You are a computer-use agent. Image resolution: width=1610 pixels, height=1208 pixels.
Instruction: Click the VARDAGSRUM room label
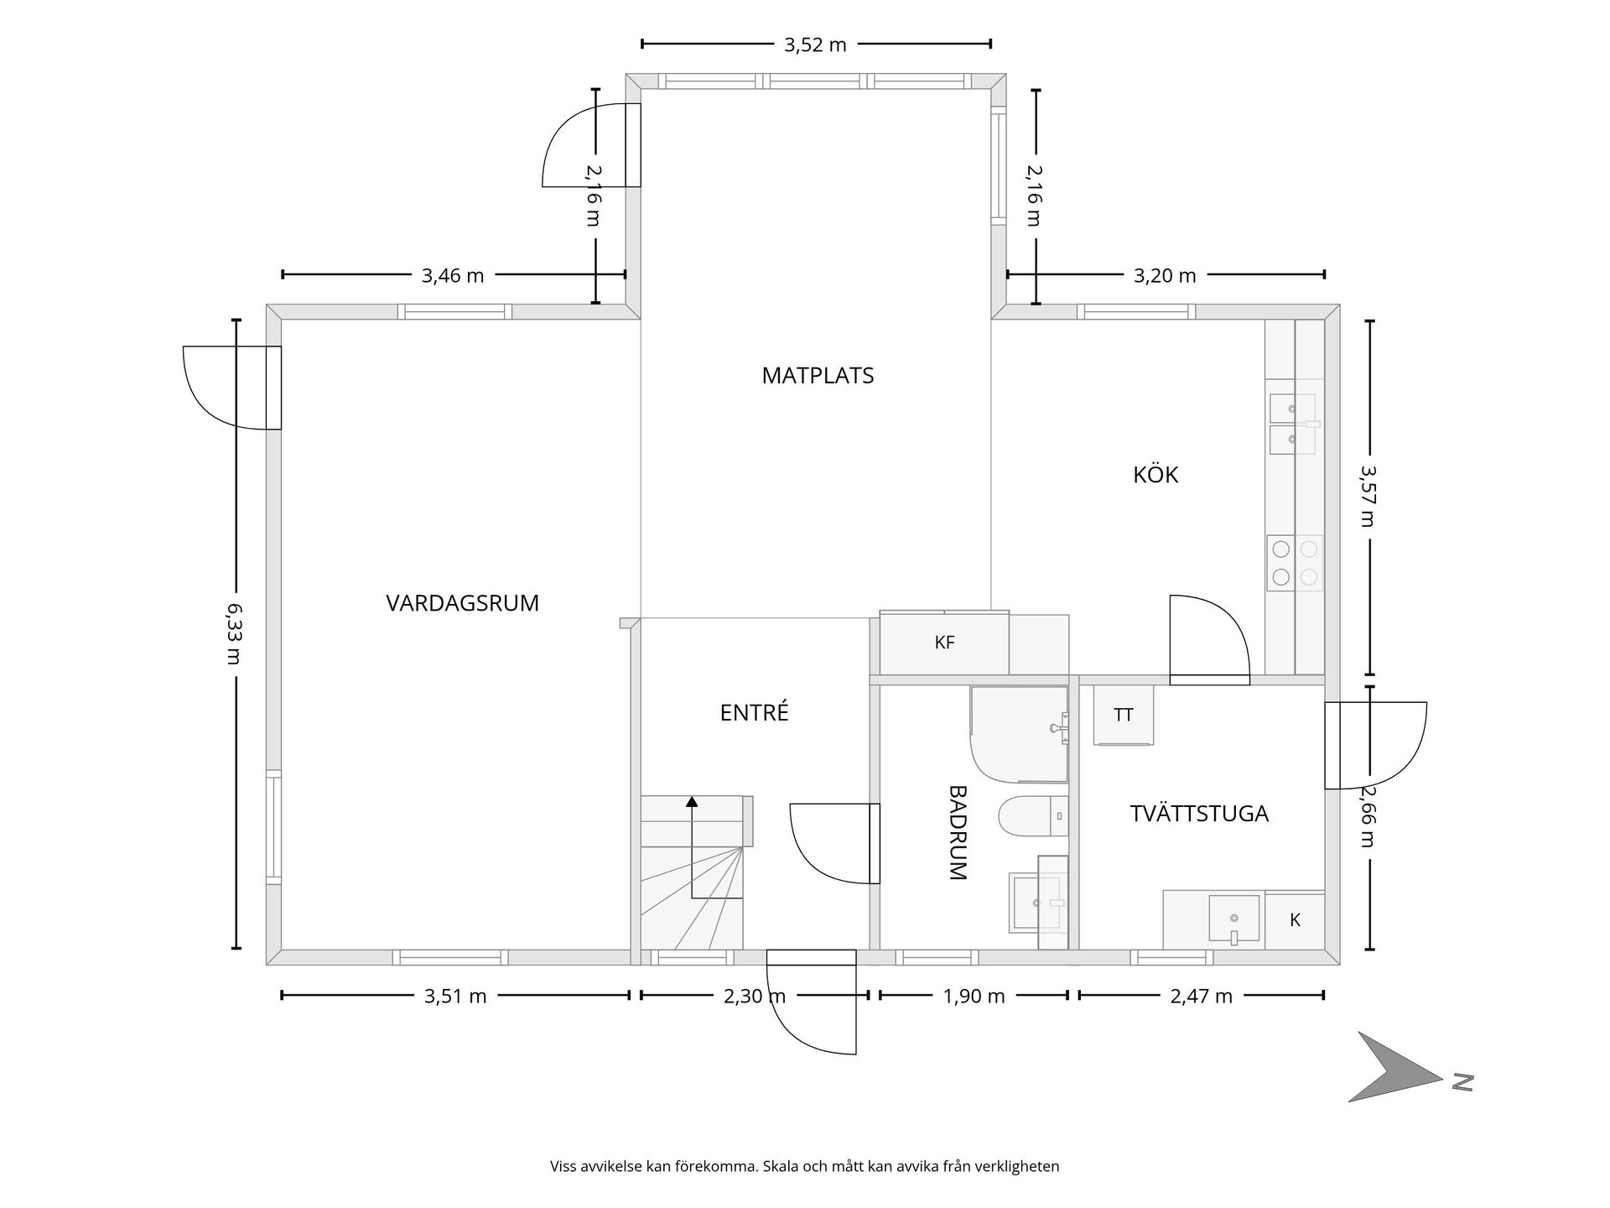(462, 603)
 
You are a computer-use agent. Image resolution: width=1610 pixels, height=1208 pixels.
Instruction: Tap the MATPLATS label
(818, 376)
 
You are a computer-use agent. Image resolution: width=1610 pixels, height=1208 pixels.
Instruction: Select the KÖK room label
(1156, 475)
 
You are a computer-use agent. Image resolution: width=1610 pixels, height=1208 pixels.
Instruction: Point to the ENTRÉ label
(754, 713)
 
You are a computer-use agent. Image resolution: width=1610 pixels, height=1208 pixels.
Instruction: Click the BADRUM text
(958, 832)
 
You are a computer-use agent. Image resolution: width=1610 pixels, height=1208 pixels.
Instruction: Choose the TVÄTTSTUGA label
(1199, 814)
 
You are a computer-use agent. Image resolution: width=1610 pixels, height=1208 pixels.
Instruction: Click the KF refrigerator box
(944, 643)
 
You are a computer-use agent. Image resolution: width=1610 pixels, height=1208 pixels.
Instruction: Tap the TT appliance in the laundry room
(1124, 715)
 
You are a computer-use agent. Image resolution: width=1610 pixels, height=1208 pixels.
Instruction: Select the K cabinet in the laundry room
(1295, 920)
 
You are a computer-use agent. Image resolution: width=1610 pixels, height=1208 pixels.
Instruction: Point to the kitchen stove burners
(1295, 563)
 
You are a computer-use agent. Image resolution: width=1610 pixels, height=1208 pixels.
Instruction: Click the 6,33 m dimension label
(234, 634)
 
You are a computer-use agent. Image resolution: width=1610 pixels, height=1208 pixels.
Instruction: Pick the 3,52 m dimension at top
(815, 45)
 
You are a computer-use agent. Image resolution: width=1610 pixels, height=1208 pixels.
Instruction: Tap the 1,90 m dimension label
(974, 997)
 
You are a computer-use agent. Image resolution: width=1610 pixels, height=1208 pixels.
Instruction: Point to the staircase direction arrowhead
(692, 801)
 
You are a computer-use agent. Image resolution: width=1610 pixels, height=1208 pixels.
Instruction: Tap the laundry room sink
(1233, 919)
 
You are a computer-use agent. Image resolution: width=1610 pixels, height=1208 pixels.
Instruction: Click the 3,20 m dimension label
(1165, 276)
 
